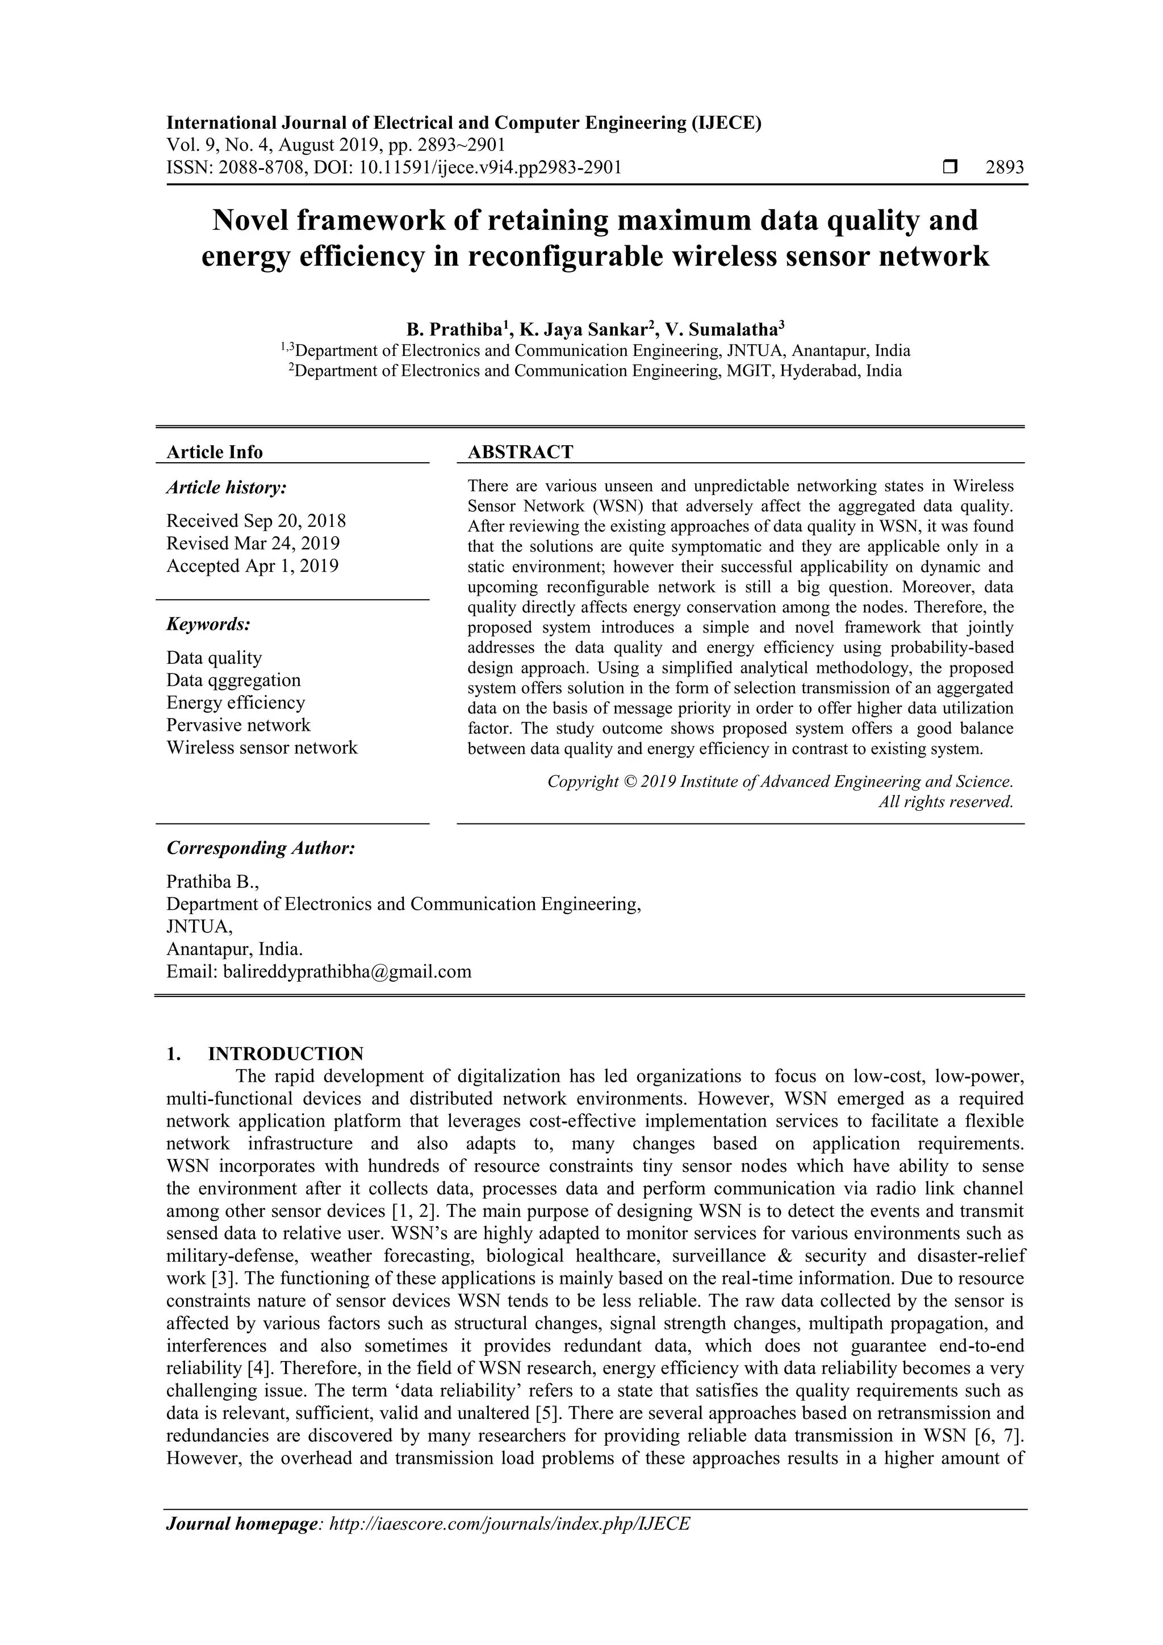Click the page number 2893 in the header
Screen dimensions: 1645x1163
(x=1004, y=168)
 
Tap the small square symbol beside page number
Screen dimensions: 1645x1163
(x=950, y=168)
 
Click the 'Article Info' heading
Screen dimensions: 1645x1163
(x=214, y=452)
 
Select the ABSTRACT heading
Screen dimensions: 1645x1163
(x=520, y=452)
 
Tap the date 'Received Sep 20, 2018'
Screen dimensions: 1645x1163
(x=256, y=521)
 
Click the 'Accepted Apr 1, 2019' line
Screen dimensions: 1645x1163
(x=252, y=566)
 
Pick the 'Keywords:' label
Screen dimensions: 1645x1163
(x=208, y=624)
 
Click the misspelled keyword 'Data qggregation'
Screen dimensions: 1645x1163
(x=233, y=680)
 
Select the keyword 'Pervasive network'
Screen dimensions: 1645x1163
(x=239, y=725)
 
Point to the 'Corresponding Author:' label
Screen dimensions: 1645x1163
(x=261, y=848)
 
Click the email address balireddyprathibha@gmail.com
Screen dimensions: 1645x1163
(x=347, y=972)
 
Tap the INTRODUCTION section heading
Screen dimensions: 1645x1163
(x=285, y=1054)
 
